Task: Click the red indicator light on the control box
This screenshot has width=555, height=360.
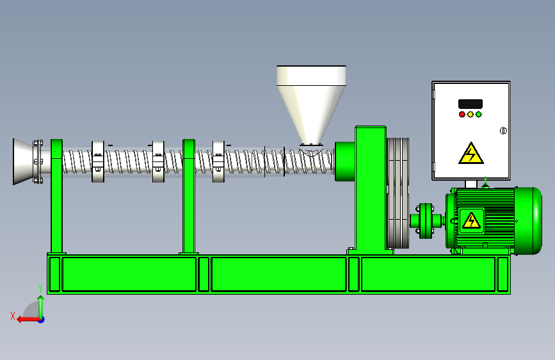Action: (462, 115)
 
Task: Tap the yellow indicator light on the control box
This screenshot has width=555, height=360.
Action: (471, 115)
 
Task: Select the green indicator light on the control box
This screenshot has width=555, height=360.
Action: (478, 115)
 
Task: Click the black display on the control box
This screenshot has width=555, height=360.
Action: (471, 103)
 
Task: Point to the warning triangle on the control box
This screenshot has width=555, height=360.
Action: (471, 154)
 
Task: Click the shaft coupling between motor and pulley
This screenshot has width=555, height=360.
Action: (425, 221)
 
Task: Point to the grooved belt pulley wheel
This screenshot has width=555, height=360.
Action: (398, 193)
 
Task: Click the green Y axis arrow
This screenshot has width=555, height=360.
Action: (40, 306)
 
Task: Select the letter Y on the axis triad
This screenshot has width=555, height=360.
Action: (40, 288)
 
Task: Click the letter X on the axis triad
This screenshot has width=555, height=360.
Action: (12, 316)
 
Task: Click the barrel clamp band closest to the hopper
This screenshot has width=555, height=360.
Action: (218, 161)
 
